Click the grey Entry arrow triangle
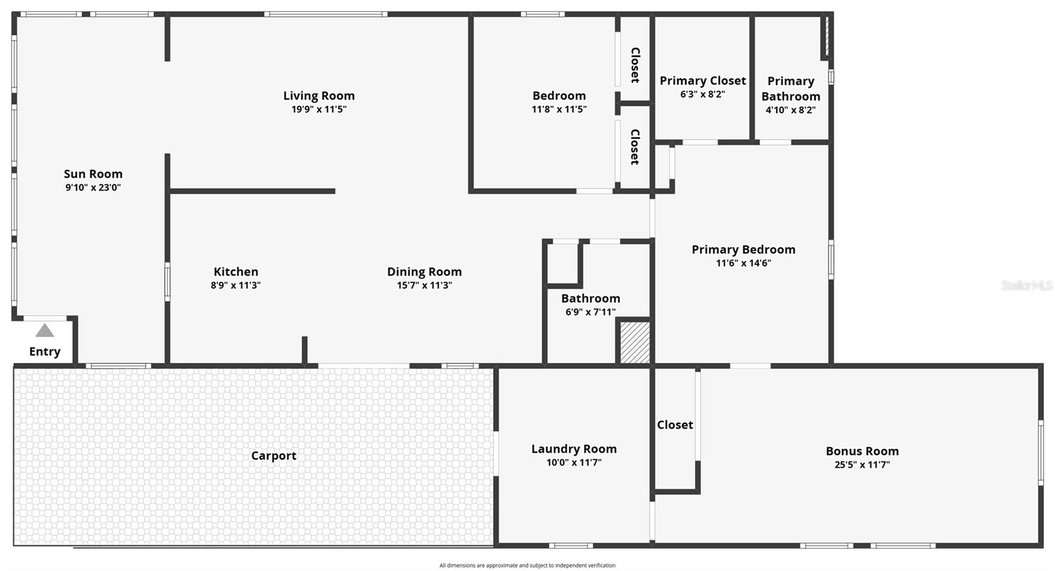[x=44, y=331]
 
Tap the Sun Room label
[x=93, y=174]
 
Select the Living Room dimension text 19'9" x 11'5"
[x=318, y=109]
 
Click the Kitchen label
[x=235, y=272]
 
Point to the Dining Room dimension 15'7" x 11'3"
[x=424, y=285]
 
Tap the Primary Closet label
[x=703, y=80]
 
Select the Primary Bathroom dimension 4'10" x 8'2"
[x=791, y=110]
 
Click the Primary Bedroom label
[x=743, y=249]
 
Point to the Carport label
[x=274, y=456]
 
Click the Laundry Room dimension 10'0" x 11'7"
[x=574, y=463]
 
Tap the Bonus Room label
[x=862, y=451]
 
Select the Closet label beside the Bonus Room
[x=675, y=425]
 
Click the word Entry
[x=45, y=351]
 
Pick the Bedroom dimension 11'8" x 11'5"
[x=558, y=109]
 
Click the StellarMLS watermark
[x=1027, y=285]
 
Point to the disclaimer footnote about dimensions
[x=527, y=565]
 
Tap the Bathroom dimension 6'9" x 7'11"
[x=590, y=312]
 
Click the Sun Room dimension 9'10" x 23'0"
[x=93, y=187]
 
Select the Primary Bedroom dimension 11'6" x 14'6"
[x=743, y=263]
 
